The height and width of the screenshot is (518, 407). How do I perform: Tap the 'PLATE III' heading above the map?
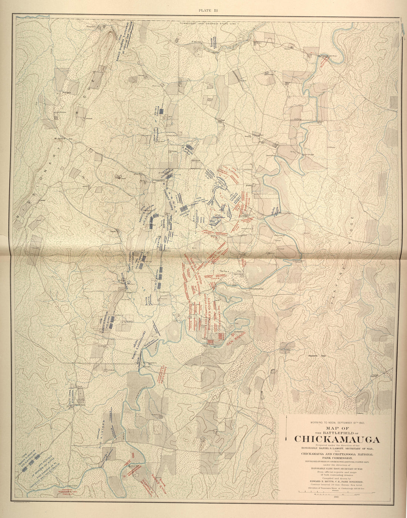point(208,10)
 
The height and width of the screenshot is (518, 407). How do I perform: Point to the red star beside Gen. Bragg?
point(232,335)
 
